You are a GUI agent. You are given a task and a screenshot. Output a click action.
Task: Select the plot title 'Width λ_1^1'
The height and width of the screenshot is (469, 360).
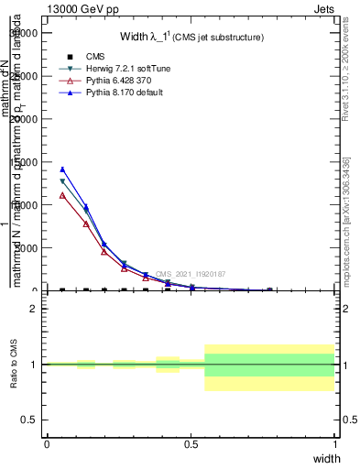point(191,38)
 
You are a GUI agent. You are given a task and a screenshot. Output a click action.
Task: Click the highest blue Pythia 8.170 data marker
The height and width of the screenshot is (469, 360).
point(62,169)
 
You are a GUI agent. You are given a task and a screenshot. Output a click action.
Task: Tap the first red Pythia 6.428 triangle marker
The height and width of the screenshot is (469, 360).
point(62,195)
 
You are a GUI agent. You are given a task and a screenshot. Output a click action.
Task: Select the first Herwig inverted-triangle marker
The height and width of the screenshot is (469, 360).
point(62,181)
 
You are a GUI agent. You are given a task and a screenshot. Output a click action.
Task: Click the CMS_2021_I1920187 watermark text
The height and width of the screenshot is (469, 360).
point(190,274)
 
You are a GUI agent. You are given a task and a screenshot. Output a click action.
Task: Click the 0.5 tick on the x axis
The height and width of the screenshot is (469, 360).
point(191,443)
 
